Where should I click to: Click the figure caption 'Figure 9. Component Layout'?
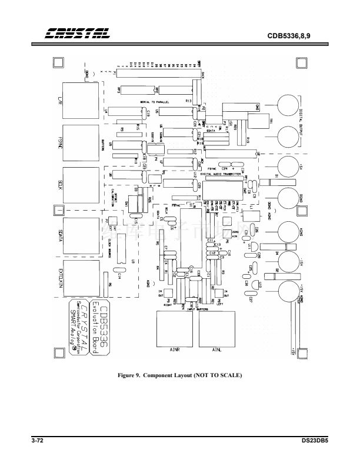click(x=180, y=375)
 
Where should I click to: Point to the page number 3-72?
click(x=39, y=440)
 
